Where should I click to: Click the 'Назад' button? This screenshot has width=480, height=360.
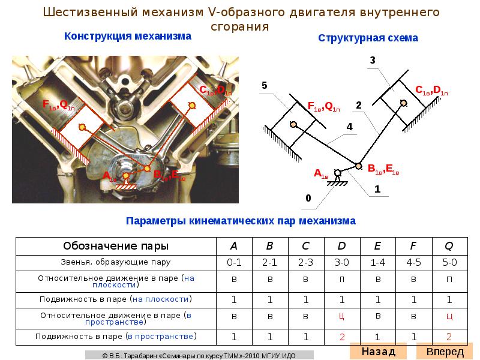pos(378,351)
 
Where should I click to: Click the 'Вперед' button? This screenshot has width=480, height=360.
pos(445,351)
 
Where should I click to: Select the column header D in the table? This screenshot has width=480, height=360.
pos(341,246)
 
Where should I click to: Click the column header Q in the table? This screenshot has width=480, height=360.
pos(449,246)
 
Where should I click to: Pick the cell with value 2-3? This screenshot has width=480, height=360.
pos(305,262)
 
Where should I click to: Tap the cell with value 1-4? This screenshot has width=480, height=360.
pos(377,262)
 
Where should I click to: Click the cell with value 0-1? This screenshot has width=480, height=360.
pos(234,262)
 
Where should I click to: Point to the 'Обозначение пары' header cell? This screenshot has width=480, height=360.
pos(116,246)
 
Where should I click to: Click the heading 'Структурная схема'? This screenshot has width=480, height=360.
pos(368,38)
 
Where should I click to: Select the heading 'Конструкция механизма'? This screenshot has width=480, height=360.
pos(128,36)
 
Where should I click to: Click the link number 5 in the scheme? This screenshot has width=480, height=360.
pos(264,86)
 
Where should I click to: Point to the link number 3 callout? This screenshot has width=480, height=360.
pos(373,60)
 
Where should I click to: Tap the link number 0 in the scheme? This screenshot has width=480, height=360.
pos(308,197)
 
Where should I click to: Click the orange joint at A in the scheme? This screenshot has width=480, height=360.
pos(338,172)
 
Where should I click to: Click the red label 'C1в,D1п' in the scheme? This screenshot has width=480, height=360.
pos(431,91)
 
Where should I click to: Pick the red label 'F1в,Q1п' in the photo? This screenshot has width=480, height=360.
pos(58,105)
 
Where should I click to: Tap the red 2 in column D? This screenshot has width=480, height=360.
pos(341,337)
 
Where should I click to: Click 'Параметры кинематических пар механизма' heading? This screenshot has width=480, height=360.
pos(241,221)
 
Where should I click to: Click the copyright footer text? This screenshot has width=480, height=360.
pos(199,355)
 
